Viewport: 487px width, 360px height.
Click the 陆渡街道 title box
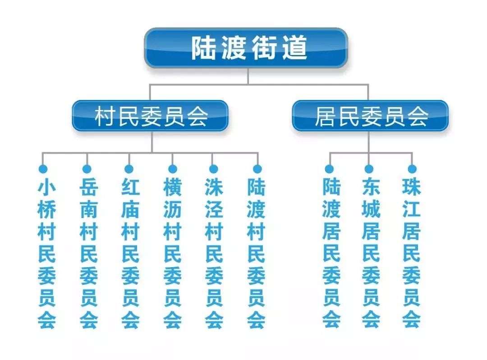[246, 48]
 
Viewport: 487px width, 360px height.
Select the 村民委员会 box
[151, 116]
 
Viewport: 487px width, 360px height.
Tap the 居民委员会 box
[370, 116]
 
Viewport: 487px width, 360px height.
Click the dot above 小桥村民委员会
[43, 169]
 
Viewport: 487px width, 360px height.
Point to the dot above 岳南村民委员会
[87, 169]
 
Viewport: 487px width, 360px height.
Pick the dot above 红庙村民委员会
[129, 169]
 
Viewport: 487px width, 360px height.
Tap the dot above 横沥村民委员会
[172, 169]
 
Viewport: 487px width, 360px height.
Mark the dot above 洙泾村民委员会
[214, 169]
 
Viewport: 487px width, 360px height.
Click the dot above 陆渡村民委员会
[257, 169]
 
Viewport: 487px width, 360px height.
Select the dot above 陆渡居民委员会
[330, 169]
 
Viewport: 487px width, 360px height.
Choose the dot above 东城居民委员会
[369, 169]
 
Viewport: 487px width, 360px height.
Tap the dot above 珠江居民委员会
[412, 169]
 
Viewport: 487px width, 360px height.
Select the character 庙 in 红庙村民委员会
[130, 210]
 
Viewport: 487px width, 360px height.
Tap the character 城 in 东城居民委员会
[371, 210]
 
